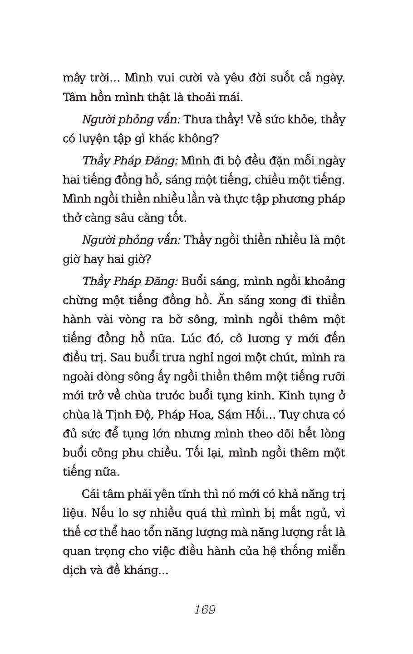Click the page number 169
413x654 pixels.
pyautogui.click(x=205, y=609)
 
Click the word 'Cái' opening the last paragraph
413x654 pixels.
pyautogui.click(x=92, y=494)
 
